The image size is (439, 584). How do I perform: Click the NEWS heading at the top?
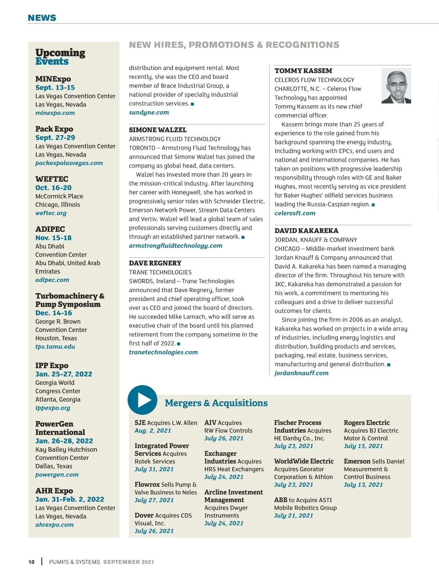point(42,18)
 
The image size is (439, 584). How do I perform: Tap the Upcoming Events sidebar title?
point(60,57)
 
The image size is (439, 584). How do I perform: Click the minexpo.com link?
point(55,113)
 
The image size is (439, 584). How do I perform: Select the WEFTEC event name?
point(52,179)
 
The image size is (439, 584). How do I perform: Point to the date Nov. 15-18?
point(53,238)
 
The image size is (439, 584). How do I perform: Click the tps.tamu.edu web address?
point(55,346)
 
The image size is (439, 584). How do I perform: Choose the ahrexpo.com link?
point(55,525)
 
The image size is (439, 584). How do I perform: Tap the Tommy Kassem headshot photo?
point(396,86)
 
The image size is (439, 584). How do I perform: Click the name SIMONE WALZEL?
point(158,130)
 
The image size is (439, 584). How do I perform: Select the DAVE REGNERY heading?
point(155,263)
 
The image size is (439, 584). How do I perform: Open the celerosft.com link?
point(295,213)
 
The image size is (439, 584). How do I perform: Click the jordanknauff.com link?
point(301,373)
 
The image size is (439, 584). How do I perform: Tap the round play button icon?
point(143,400)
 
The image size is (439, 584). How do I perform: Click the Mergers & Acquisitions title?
point(216,403)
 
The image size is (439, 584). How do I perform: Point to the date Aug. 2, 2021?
point(153,431)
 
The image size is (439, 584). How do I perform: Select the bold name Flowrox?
point(147,485)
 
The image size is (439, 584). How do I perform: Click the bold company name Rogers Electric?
point(367,423)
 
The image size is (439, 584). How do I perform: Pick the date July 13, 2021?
point(363,485)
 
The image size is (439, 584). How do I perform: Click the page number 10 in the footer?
point(31,562)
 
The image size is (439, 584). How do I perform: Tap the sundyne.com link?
point(149,113)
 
